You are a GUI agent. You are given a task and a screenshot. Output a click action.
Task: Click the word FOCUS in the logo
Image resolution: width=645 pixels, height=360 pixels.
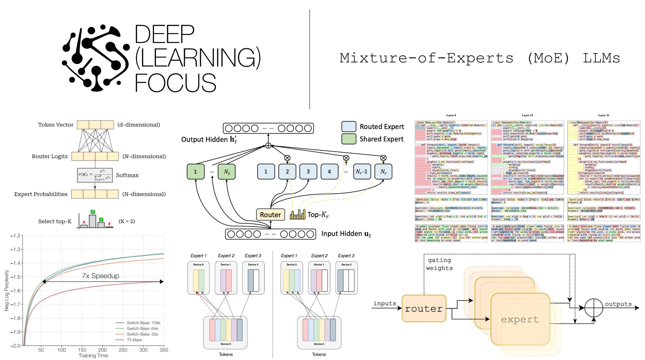pyautogui.click(x=175, y=83)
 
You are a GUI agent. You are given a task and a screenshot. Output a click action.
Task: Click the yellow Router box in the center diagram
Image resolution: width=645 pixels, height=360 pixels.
pyautogui.click(x=270, y=215)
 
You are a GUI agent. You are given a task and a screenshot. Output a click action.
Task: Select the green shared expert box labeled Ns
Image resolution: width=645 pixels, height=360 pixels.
pyautogui.click(x=227, y=172)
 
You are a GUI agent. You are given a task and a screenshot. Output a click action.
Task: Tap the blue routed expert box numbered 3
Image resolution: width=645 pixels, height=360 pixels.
pyautogui.click(x=308, y=171)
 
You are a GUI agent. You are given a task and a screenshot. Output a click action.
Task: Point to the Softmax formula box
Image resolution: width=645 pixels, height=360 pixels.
pyautogui.click(x=95, y=175)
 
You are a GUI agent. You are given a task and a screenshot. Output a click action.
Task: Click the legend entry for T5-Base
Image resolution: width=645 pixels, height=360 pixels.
pyautogui.click(x=134, y=340)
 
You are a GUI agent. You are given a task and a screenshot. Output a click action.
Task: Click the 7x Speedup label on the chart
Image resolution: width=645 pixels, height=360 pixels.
pyautogui.click(x=100, y=276)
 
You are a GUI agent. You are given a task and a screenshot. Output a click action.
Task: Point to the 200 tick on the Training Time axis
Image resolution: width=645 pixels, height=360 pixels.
pyautogui.click(x=102, y=350)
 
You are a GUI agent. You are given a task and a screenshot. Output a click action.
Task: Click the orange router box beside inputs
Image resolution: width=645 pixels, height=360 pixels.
pyautogui.click(x=424, y=308)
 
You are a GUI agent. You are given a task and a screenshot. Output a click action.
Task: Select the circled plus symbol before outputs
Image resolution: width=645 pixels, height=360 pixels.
pyautogui.click(x=593, y=308)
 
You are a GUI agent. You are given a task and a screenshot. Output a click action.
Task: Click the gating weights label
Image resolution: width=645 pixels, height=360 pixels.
pyautogui.click(x=439, y=264)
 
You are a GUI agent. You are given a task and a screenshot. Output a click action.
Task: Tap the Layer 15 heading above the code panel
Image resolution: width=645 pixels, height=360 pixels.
pyautogui.click(x=527, y=115)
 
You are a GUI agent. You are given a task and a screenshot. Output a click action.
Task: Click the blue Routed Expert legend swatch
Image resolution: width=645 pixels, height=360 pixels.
pyautogui.click(x=349, y=126)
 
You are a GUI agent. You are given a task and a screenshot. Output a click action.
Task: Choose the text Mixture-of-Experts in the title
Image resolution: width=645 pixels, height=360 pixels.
pyautogui.click(x=426, y=58)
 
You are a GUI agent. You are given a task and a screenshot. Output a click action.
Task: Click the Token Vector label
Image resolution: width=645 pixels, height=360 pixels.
pyautogui.click(x=56, y=125)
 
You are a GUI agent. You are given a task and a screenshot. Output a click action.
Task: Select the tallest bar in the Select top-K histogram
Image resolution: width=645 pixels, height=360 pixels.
pyautogui.click(x=92, y=221)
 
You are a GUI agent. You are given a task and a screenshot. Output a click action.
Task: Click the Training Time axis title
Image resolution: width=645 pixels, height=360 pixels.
pyautogui.click(x=93, y=355)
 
